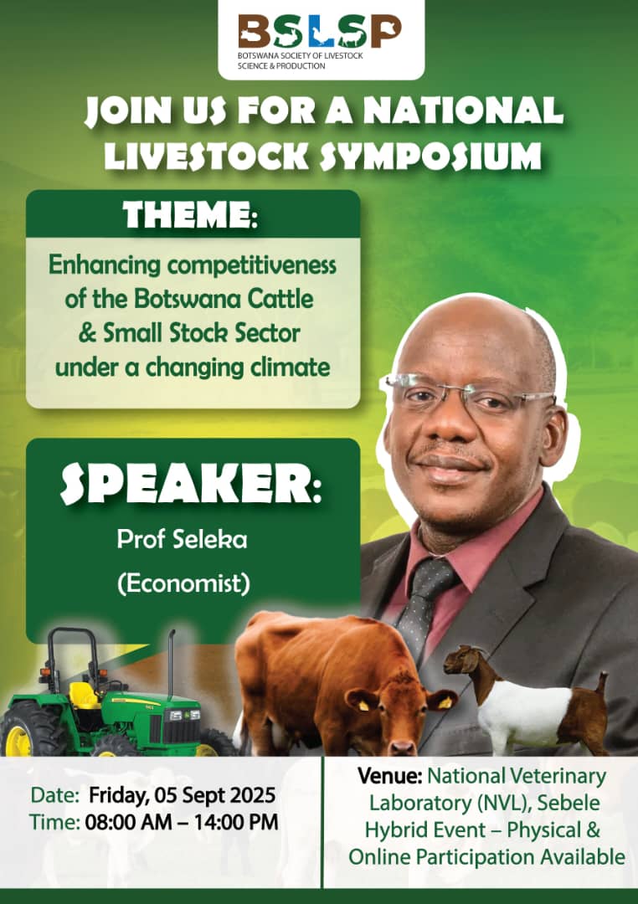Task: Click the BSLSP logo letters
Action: coord(320,31)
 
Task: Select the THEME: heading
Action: coord(190,214)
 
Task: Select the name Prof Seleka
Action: coord(183,540)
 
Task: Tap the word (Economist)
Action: coord(184,583)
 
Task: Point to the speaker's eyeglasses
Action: coord(468,392)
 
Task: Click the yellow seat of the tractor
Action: coord(84,696)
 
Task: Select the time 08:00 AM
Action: coord(128,822)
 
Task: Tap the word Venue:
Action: coord(389,776)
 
